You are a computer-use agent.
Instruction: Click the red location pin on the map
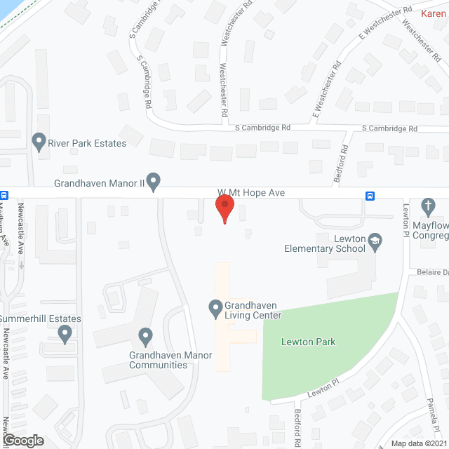tap(224, 208)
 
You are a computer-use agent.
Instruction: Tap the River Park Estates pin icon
tap(39, 142)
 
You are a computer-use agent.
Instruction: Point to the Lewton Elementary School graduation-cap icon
tap(375, 242)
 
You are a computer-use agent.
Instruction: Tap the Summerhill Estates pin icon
tap(66, 333)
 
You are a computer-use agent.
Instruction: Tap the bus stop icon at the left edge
tap(4, 195)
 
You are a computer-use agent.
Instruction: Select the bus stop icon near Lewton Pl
tap(369, 195)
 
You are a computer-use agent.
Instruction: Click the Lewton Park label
tap(308, 342)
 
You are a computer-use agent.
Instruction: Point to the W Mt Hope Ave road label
tap(250, 192)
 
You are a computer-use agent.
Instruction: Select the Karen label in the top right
tap(434, 13)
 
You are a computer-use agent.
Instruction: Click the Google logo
tap(22, 440)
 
